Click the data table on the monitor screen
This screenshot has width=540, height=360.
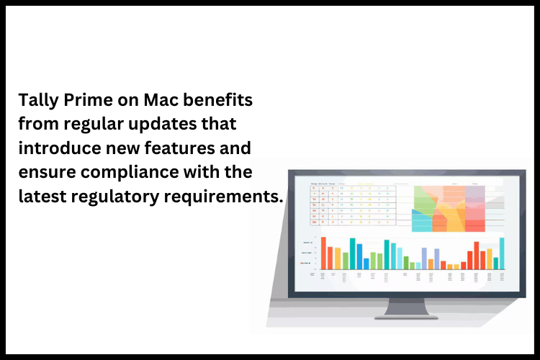tap(353, 206)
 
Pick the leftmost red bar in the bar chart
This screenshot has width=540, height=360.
tap(323, 253)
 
